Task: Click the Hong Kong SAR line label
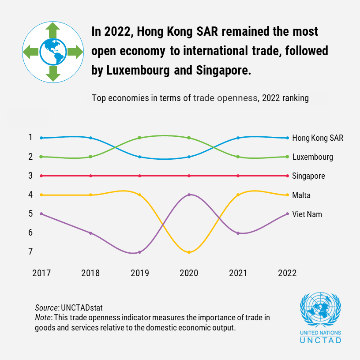click(x=318, y=138)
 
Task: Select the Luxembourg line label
click(x=312, y=157)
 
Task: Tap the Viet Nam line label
click(x=307, y=214)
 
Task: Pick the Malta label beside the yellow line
click(x=301, y=195)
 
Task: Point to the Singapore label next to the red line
click(x=308, y=176)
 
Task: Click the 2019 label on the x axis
click(x=140, y=273)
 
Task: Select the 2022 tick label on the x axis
click(x=287, y=273)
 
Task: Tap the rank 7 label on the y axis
click(x=30, y=251)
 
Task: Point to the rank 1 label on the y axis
click(x=30, y=137)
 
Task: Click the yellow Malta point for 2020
click(x=189, y=252)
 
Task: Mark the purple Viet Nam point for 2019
click(x=140, y=252)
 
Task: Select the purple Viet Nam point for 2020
click(x=189, y=195)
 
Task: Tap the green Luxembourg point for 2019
click(x=139, y=138)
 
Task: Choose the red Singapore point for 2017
click(x=41, y=176)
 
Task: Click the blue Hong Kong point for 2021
click(x=238, y=138)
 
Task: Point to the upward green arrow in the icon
click(x=53, y=30)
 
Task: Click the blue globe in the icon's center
click(x=53, y=52)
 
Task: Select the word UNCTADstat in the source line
click(x=82, y=307)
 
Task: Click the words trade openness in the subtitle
click(x=225, y=98)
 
